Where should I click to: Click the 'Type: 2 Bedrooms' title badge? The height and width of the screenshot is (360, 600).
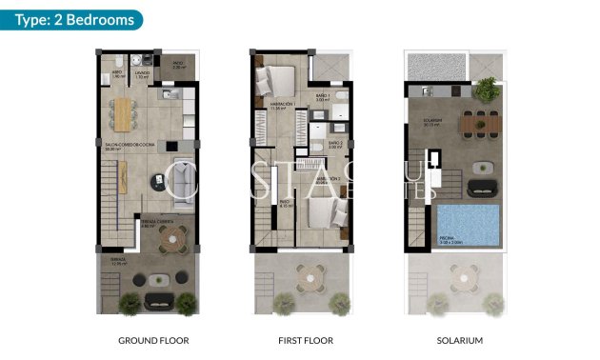(x=73, y=20)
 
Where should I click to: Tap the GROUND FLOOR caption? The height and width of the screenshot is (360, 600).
(x=153, y=340)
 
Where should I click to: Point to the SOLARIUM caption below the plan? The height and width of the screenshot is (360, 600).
(x=460, y=340)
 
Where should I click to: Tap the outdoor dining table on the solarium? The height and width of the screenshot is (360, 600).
(x=479, y=121)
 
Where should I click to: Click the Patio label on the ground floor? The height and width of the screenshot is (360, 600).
(x=180, y=67)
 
